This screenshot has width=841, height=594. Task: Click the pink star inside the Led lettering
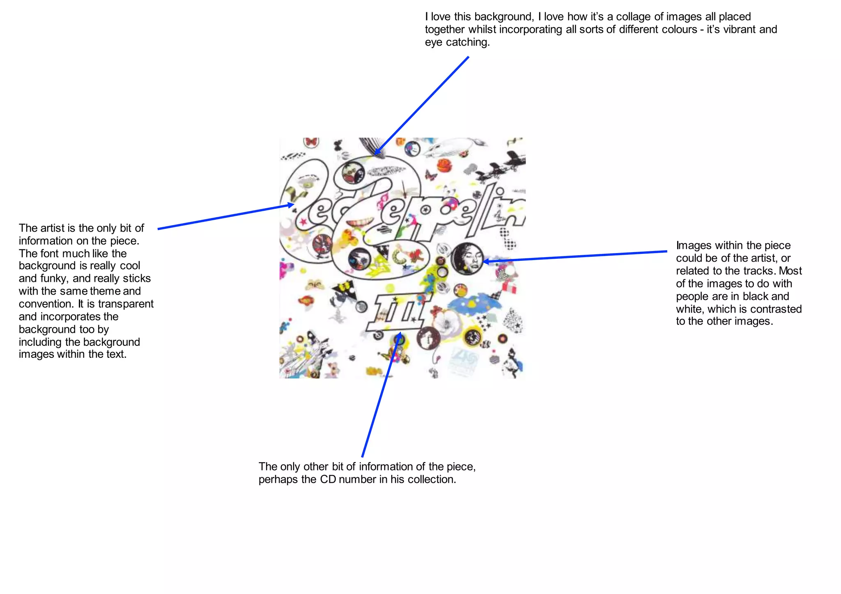pyautogui.click(x=304, y=222)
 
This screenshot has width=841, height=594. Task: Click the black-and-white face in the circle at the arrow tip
pyautogui.click(x=467, y=258)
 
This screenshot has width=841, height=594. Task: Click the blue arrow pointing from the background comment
pyautogui.click(x=423, y=104)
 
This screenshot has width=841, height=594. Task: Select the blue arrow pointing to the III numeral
pyautogui.click(x=380, y=394)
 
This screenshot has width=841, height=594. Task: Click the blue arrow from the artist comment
pyautogui.click(x=226, y=216)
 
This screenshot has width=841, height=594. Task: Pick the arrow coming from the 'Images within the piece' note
pyautogui.click(x=575, y=256)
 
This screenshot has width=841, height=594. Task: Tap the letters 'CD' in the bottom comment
pyautogui.click(x=328, y=480)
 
